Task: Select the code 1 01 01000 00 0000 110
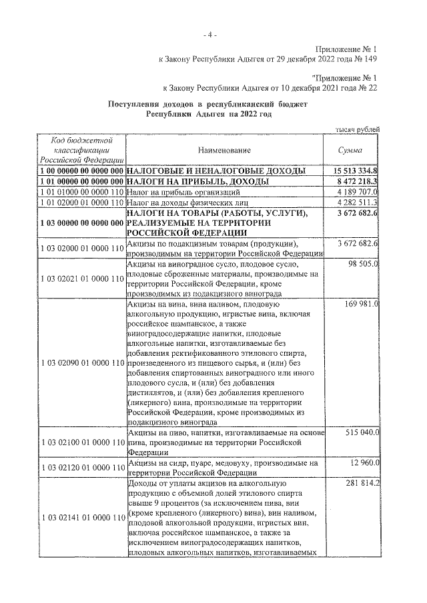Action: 82,192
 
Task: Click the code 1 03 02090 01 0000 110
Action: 82,363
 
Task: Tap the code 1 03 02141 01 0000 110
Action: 82,518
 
